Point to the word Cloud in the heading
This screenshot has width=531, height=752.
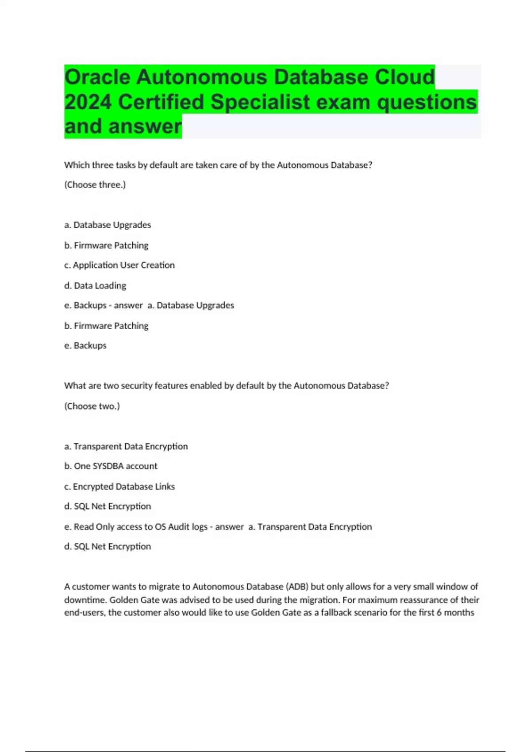coord(405,77)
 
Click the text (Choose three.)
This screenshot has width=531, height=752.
coord(95,185)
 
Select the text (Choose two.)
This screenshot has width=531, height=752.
coord(92,406)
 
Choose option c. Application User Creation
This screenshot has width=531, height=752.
coord(119,265)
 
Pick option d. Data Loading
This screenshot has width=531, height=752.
coord(95,286)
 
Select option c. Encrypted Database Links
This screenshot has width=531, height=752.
coord(119,487)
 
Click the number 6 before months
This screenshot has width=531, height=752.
coord(439,613)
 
